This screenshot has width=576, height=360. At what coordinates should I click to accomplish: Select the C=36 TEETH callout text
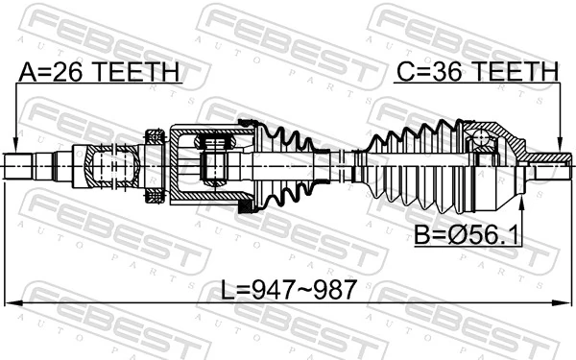(477, 73)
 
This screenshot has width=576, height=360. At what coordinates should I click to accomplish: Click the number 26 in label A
(60, 73)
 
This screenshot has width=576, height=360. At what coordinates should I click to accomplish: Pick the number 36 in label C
(436, 73)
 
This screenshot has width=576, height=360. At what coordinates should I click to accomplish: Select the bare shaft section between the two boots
(336, 165)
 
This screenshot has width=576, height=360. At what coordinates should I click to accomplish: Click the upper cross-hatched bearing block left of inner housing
(152, 135)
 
